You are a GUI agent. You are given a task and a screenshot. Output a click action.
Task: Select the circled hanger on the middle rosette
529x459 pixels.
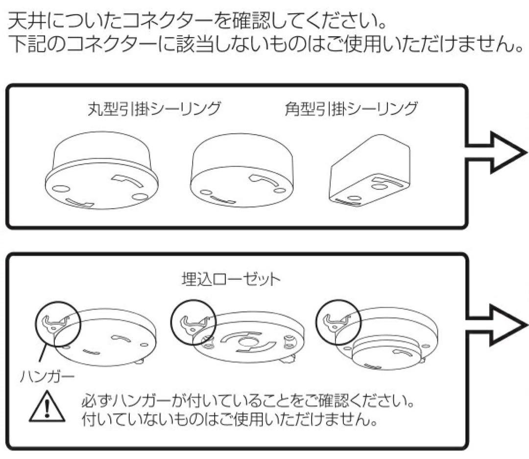[x=193, y=320]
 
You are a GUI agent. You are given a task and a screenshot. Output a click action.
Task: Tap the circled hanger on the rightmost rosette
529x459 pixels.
[x=338, y=320]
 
